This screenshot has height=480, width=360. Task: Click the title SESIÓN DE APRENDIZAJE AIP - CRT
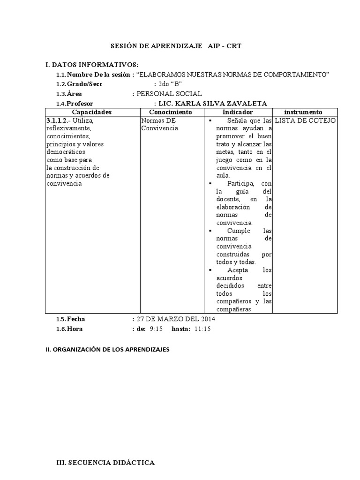point(176,46)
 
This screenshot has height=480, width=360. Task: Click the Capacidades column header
point(92,112)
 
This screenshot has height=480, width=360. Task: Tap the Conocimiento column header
point(171,112)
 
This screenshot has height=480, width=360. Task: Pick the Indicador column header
point(237,112)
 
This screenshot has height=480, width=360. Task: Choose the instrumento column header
point(303,112)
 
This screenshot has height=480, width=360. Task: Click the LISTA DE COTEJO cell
point(305,120)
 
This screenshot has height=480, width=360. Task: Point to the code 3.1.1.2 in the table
point(57,120)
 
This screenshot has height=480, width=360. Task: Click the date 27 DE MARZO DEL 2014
point(175,319)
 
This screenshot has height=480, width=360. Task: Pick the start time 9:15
point(156,329)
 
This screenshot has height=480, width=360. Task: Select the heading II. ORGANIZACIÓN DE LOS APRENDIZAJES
point(107,350)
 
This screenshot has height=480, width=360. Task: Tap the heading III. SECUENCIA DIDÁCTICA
point(105,463)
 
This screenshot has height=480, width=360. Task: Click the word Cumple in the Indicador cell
point(239,231)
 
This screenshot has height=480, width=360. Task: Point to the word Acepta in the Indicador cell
point(238,270)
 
